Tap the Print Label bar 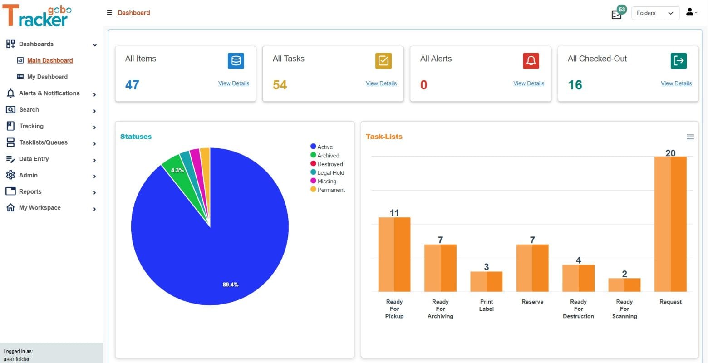(486, 281)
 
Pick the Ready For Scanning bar (624, 285)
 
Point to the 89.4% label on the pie (231, 285)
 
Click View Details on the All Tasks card (381, 83)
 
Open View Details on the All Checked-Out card (676, 83)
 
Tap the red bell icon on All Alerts (531, 61)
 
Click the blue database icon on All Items (236, 61)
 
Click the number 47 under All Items (132, 85)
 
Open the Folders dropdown (654, 13)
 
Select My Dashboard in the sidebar (47, 77)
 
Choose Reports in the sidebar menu (30, 191)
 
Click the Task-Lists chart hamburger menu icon (690, 137)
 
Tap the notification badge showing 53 (621, 10)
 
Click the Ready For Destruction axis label (578, 309)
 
